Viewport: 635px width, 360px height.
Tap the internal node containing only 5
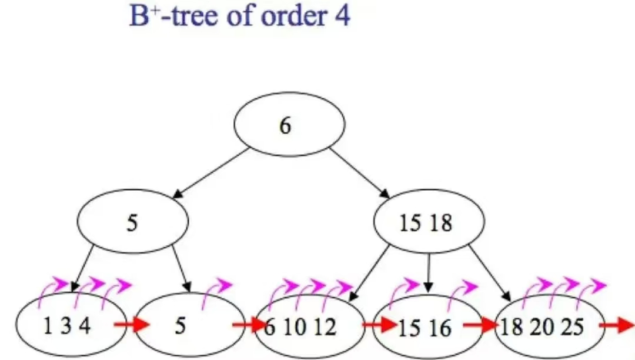[x=133, y=223]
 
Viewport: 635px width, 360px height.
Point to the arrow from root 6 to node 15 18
[x=359, y=173]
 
